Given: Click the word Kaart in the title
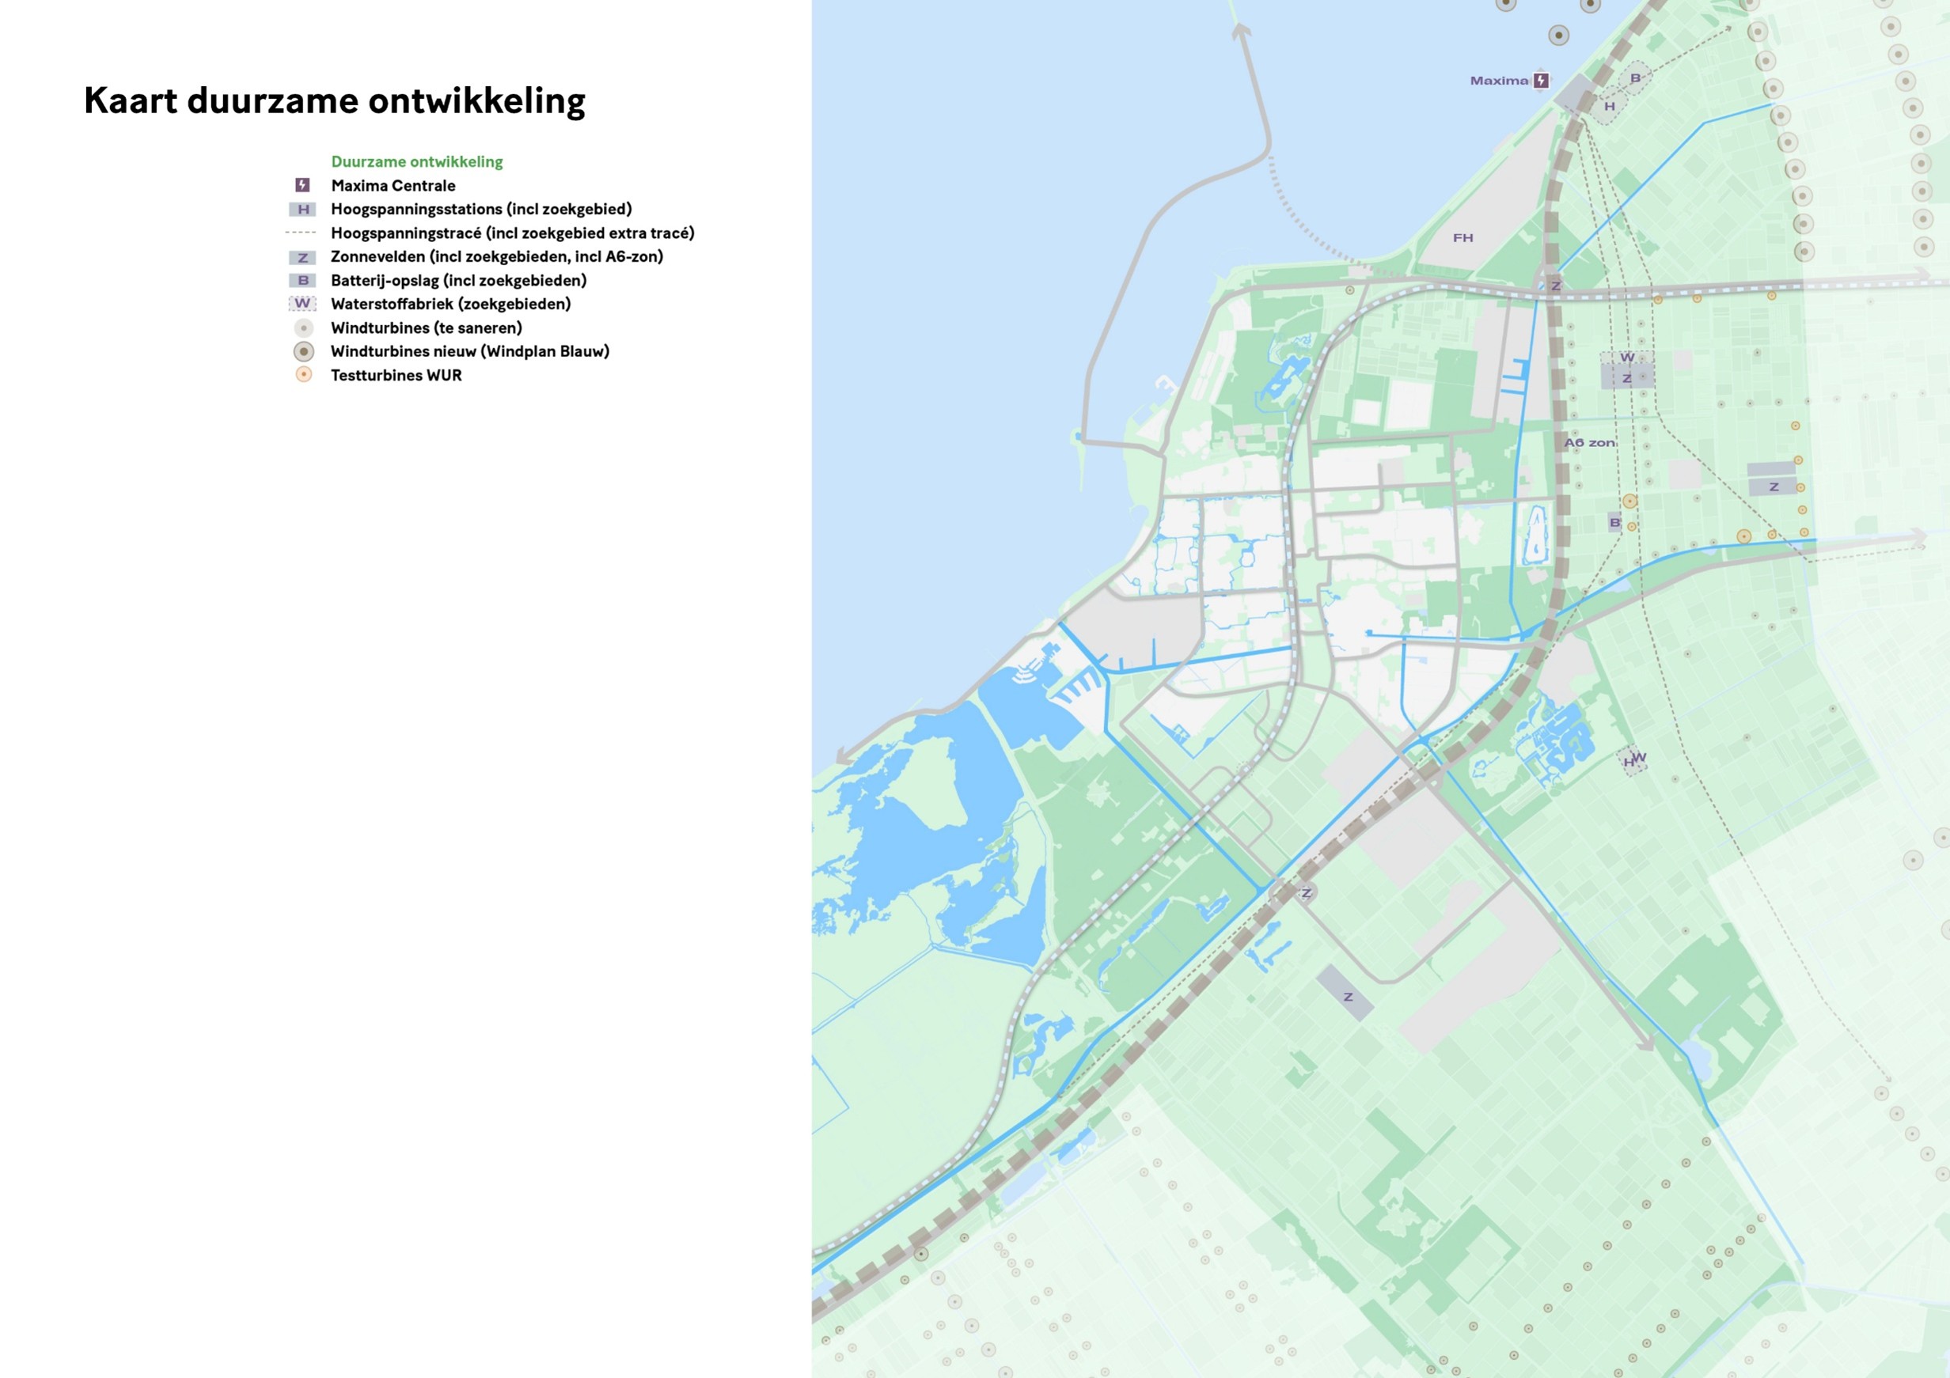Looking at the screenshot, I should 131,100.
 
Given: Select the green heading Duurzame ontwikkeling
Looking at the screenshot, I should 416,161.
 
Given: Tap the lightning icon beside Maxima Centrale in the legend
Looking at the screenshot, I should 302,185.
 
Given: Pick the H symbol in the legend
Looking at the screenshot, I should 302,209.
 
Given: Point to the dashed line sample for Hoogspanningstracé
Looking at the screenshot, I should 301,233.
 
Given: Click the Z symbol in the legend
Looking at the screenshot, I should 302,257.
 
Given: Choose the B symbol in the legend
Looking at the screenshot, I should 302,280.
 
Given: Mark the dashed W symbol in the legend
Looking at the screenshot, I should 302,303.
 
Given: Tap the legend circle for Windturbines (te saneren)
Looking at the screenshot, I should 303,327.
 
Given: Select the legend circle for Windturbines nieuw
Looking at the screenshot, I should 303,351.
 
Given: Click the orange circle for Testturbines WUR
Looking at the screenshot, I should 303,374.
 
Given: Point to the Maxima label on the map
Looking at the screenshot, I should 1499,81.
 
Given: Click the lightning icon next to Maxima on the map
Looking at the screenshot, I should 1541,81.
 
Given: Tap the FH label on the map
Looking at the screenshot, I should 1462,238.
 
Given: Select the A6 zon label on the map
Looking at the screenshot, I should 1590,442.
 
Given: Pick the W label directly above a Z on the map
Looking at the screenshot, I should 1626,358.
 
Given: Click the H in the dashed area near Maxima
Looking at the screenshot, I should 1610,107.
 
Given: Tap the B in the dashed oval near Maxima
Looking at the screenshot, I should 1635,78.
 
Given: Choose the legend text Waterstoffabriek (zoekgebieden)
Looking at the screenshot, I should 450,304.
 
